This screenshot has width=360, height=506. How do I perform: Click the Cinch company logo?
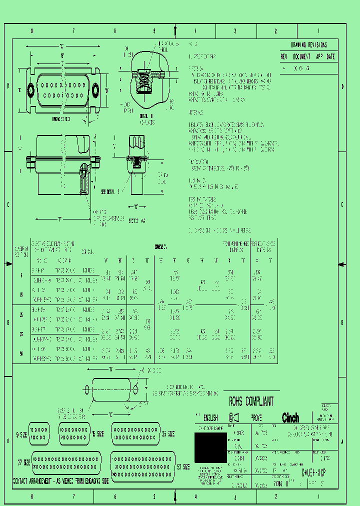[x=290, y=418]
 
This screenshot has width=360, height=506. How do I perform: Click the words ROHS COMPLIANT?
[x=251, y=401]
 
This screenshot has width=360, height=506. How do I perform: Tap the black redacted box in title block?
[x=210, y=447]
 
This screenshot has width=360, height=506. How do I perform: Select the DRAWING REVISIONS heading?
[x=308, y=45]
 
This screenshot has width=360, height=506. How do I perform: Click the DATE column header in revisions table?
[x=330, y=56]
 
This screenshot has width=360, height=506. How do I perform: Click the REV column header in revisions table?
[x=284, y=56]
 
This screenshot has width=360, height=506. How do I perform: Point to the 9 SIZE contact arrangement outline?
[x=39, y=432]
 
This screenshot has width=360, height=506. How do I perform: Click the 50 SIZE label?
[x=183, y=467]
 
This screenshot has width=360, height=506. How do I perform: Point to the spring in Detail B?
[x=143, y=81]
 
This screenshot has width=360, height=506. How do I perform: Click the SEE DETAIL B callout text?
[x=110, y=191]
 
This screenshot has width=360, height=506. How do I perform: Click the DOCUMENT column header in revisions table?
[x=301, y=56]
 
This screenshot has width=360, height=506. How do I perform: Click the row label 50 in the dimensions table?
[x=21, y=354]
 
